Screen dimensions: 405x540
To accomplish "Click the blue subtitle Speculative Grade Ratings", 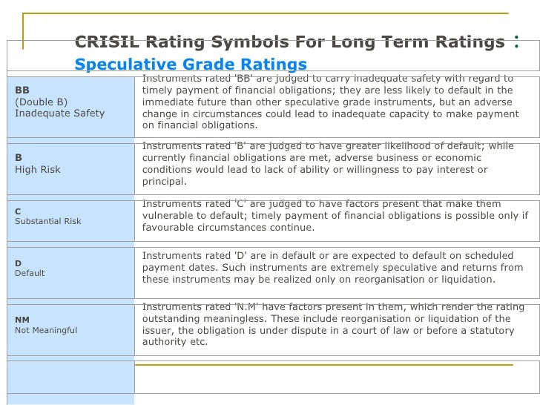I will coord(191,65).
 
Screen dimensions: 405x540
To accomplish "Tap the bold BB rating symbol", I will coord(22,90).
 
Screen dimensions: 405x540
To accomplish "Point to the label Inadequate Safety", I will coord(59,113).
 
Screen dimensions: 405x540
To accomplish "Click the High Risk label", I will coord(38,169).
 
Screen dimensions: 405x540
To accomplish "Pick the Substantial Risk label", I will coord(48,221).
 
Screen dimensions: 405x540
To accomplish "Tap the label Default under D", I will coord(30,273).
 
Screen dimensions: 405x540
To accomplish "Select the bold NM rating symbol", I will coord(22,320).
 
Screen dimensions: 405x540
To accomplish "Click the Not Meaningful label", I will coord(46,330).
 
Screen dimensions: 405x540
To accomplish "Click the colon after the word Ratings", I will coord(516,42).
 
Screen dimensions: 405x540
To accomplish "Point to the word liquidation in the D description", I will coord(466,280).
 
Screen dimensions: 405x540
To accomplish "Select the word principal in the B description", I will coord(164,182).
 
